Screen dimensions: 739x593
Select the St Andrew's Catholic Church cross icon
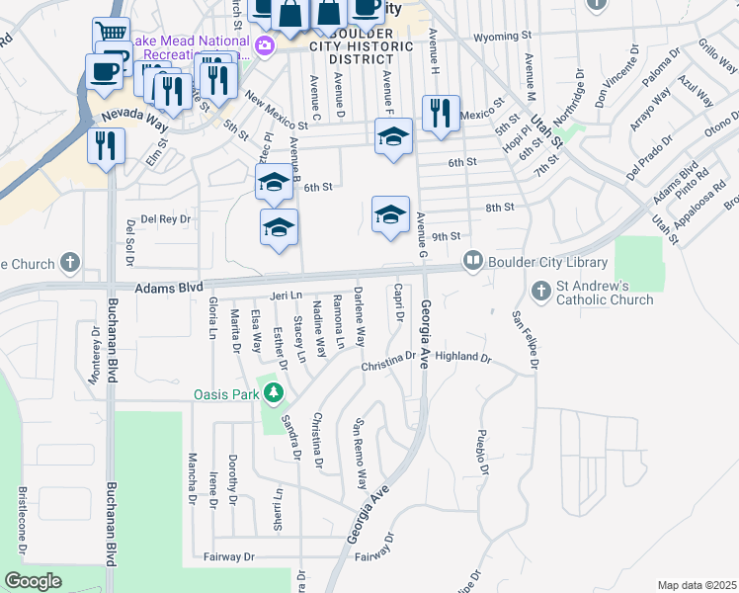click(539, 292)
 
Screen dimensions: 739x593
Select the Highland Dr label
click(462, 357)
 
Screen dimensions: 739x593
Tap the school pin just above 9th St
click(390, 213)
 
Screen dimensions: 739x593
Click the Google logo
click(34, 581)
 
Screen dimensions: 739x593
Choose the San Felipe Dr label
click(525, 340)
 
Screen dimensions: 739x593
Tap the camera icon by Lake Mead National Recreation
click(264, 45)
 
